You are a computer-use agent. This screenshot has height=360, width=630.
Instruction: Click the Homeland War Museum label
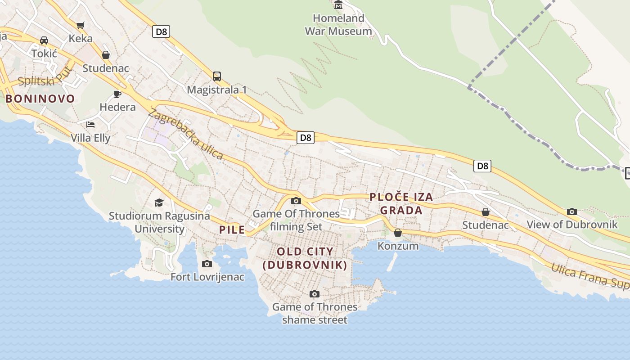click(x=338, y=25)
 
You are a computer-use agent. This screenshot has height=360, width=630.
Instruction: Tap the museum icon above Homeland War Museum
click(x=338, y=5)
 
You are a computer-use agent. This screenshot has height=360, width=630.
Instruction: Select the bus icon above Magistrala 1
click(x=217, y=76)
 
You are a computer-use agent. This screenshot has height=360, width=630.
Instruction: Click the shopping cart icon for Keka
click(x=81, y=25)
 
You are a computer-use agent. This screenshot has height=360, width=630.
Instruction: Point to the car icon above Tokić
click(x=44, y=40)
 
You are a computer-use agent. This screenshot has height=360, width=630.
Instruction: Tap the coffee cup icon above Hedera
click(x=117, y=94)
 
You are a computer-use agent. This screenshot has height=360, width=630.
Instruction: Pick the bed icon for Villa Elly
click(x=90, y=125)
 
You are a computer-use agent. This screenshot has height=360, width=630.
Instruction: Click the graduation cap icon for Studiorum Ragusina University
click(x=159, y=202)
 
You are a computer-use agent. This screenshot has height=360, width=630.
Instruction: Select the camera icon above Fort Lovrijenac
click(x=207, y=264)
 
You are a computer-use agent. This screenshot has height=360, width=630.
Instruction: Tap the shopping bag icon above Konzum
click(x=398, y=233)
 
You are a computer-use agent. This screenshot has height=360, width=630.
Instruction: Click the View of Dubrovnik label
click(x=572, y=224)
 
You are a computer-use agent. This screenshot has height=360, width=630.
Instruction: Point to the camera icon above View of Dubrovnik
click(x=572, y=211)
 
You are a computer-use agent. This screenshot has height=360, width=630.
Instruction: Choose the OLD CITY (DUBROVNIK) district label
click(x=305, y=258)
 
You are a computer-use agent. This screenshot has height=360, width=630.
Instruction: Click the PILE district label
click(x=232, y=230)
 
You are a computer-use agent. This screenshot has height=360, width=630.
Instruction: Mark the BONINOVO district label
click(x=40, y=99)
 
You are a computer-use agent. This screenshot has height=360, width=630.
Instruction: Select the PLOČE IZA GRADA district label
click(x=401, y=203)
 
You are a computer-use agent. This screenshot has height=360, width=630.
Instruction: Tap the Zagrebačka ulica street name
click(x=185, y=134)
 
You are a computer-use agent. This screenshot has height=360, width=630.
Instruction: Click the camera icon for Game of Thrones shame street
click(x=315, y=294)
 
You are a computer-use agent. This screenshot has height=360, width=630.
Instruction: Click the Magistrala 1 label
click(x=217, y=90)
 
